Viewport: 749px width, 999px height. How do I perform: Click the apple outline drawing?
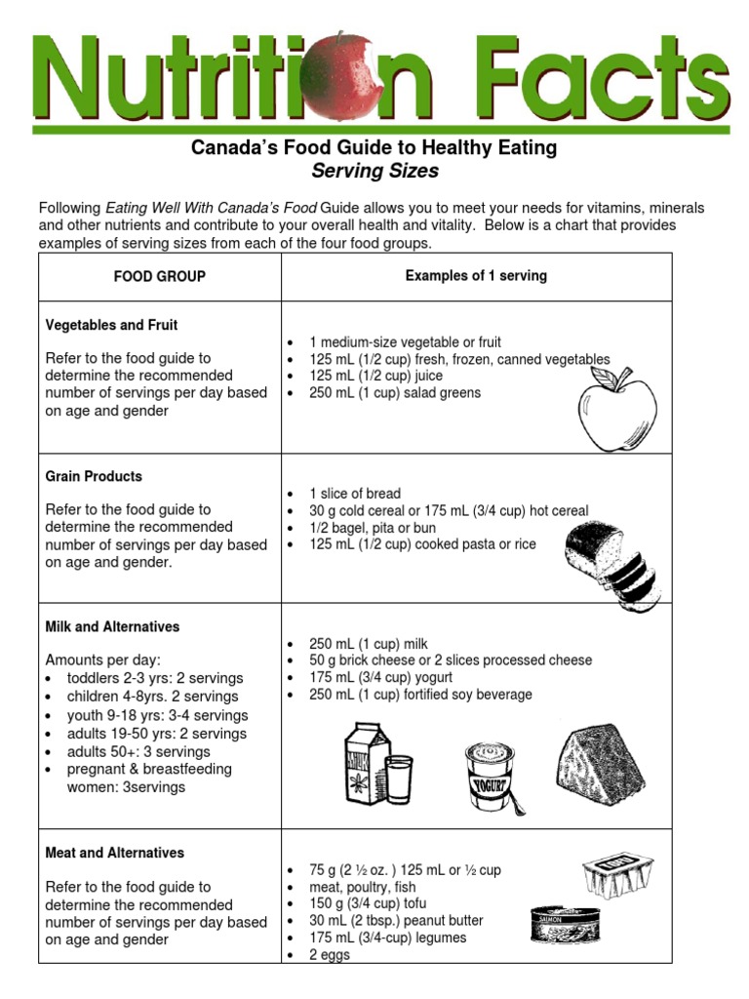click(618, 413)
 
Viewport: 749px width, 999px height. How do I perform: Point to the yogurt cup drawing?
click(490, 777)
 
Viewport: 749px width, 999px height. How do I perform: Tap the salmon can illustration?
click(559, 923)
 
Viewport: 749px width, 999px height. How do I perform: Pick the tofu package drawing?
click(617, 873)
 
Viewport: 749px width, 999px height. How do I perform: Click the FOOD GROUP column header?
click(160, 276)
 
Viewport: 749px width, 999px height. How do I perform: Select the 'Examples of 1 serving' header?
click(476, 276)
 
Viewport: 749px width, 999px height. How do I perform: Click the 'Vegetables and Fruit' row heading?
click(112, 325)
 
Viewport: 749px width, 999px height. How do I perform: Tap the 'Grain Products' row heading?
click(94, 476)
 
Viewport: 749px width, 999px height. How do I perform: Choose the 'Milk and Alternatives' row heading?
click(112, 626)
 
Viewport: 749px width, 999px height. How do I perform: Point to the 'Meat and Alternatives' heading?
click(115, 853)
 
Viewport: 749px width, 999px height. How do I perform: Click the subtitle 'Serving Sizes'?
click(374, 172)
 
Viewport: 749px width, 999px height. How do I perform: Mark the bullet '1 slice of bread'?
click(355, 494)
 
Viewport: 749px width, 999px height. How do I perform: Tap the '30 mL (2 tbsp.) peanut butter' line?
click(396, 920)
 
